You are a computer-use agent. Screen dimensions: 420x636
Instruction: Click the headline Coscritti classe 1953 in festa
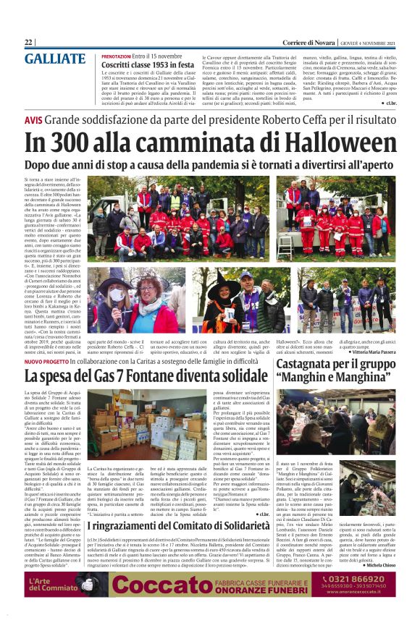148,64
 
